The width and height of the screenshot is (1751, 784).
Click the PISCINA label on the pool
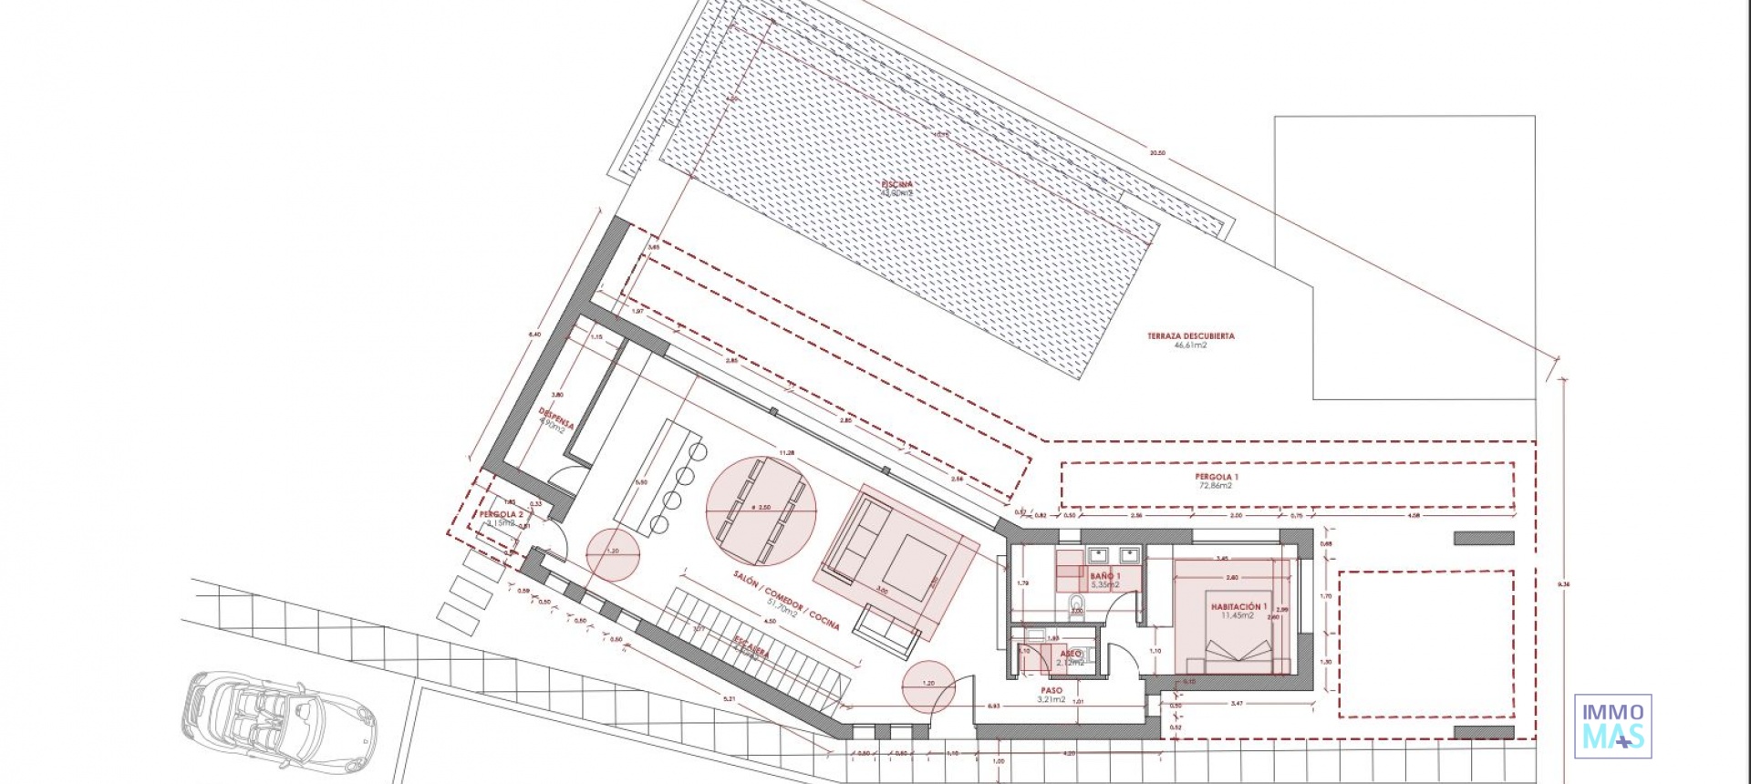tap(896, 185)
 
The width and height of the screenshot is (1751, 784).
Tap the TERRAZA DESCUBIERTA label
tap(1190, 336)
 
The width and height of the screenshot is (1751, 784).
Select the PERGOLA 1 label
tap(1217, 477)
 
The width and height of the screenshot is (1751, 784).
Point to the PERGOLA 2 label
tap(502, 515)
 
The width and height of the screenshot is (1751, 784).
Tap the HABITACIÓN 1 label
tap(1238, 606)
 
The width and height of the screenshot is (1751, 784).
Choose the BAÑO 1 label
tap(1104, 577)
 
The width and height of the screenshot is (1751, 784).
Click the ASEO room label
tap(1071, 654)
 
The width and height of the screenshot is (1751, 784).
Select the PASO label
tap(1052, 691)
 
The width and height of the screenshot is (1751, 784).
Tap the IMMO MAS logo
tap(1613, 726)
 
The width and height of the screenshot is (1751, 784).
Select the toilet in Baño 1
tap(1078, 604)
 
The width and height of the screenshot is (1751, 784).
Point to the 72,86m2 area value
tap(1217, 487)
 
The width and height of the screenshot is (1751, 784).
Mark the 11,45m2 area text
tap(1238, 616)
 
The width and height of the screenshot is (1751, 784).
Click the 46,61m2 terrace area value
tap(1190, 346)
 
